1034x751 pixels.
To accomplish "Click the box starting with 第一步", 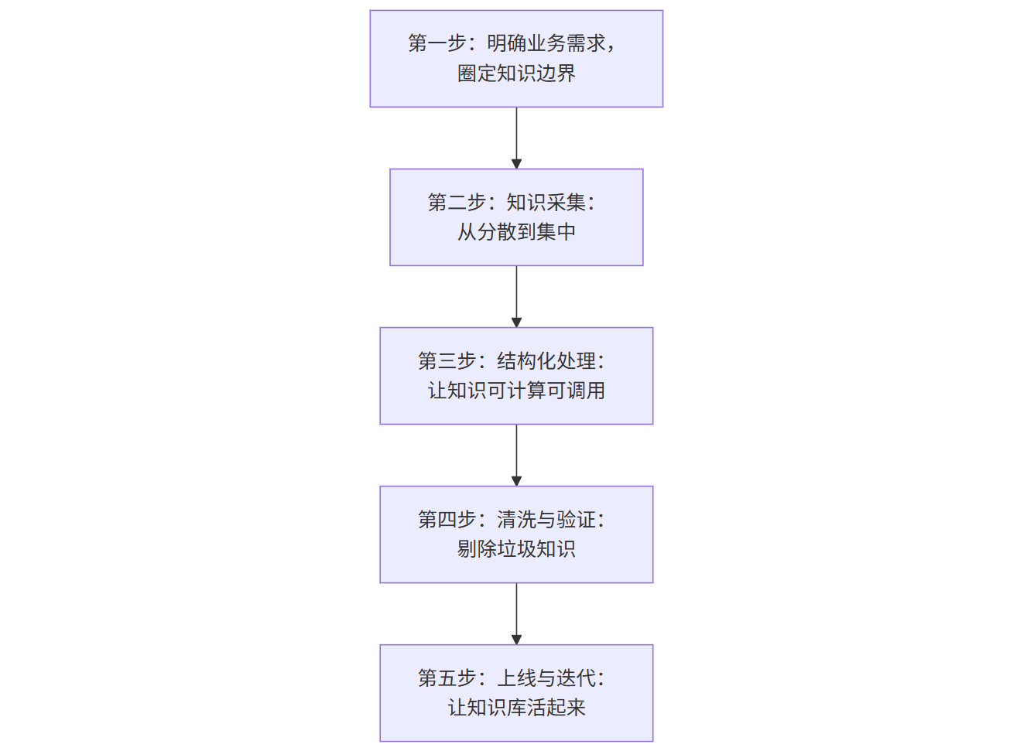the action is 516,59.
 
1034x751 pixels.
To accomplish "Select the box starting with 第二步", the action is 516,217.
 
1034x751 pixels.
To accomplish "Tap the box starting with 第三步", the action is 516,376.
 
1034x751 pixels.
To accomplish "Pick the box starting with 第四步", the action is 516,534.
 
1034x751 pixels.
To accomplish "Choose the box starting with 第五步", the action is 516,693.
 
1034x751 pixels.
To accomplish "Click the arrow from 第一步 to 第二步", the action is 516,138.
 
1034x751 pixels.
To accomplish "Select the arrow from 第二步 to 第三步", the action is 516,297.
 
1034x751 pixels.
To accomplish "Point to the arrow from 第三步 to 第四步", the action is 516,456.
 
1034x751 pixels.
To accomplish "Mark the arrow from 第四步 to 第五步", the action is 516,614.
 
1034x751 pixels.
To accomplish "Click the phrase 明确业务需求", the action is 546,43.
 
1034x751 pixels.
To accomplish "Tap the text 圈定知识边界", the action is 516,73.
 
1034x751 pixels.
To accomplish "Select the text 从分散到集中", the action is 516,231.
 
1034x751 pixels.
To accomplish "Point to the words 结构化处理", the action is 546,360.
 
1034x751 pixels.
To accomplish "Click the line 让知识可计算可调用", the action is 516,391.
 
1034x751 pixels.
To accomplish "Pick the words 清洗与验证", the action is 546,520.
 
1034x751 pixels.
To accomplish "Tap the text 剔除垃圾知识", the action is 516,549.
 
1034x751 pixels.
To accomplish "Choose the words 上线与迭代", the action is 546,678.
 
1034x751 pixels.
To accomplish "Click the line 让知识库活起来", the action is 516,708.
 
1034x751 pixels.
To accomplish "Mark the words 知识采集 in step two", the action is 546,202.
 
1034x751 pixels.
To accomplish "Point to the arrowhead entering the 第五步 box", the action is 516,640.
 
